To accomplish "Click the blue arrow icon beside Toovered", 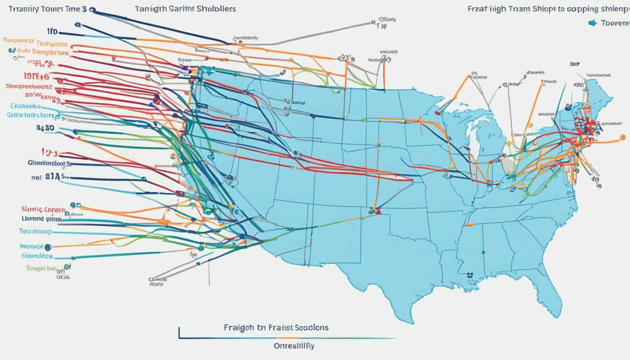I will click(592, 22).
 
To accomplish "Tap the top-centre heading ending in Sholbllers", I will click(185, 9).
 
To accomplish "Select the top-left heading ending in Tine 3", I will click(45, 9).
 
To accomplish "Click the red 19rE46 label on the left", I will click(36, 76).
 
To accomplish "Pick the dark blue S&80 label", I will click(45, 127).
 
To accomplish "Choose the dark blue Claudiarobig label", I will click(45, 164).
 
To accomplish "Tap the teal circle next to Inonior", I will click(48, 246).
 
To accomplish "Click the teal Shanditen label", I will click(37, 256).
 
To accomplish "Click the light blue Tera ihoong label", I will click(36, 232).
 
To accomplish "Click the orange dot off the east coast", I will click(622, 137).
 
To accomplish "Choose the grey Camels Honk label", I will click(159, 281).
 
